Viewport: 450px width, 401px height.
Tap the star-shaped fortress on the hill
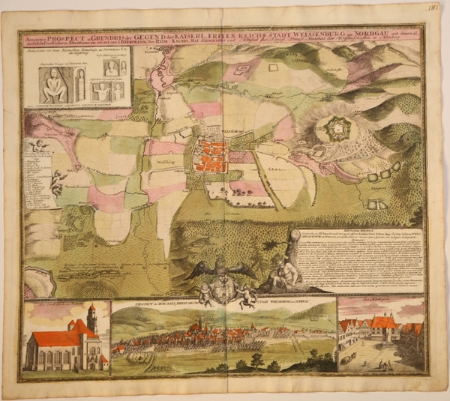coord(335,130)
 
